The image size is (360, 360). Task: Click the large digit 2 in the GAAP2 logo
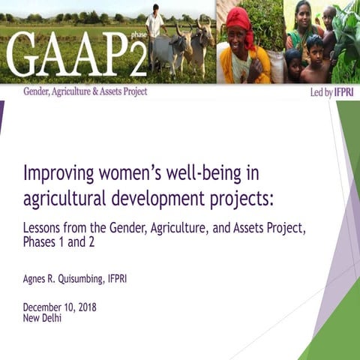click(136, 58)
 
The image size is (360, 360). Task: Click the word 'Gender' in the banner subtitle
click(38, 91)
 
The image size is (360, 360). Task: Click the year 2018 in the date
click(85, 307)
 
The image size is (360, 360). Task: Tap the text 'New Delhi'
click(42, 317)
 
